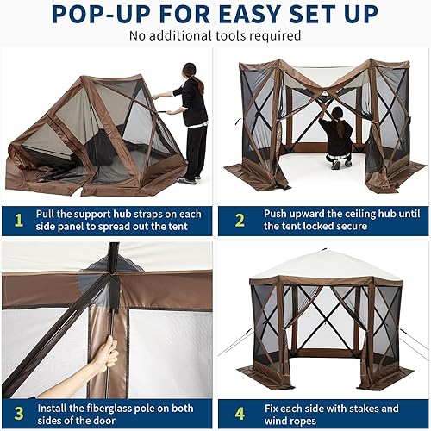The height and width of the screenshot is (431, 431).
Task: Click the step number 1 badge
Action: (17, 219)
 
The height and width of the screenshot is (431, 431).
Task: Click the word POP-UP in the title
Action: (97, 14)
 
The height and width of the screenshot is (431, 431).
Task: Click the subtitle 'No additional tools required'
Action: (215, 35)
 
